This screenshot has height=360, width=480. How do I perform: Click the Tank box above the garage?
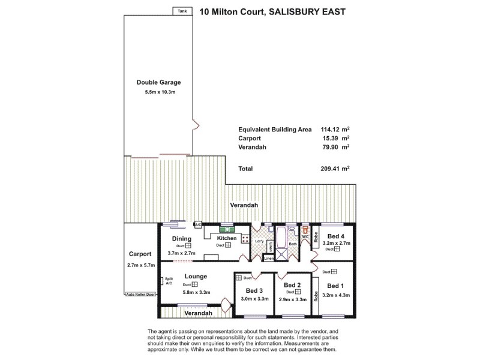click(x=182, y=11)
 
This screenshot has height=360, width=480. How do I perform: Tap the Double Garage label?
click(x=159, y=82)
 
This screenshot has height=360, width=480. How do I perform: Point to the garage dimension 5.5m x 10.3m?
click(x=159, y=92)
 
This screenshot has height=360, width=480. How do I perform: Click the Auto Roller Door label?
click(x=141, y=295)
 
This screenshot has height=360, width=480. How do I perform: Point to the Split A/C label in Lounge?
click(x=169, y=281)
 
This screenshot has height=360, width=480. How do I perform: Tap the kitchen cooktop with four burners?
click(x=245, y=238)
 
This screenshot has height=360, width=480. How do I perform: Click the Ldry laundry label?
click(x=259, y=241)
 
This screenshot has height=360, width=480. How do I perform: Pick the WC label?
click(x=305, y=237)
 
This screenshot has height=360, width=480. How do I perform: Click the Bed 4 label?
click(x=337, y=235)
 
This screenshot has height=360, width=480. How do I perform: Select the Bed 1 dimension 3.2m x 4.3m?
click(x=337, y=295)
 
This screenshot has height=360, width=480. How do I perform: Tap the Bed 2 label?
click(x=292, y=285)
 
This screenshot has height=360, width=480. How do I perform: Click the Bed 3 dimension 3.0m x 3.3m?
click(x=253, y=298)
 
